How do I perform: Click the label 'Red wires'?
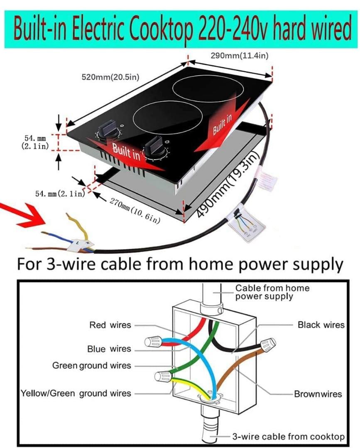point(110,325)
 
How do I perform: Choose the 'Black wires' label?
point(321,325)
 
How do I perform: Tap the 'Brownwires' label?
point(318,394)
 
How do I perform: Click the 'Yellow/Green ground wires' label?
point(76,393)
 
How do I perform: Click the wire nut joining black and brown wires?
point(267,343)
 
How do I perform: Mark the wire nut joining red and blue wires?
point(152,342)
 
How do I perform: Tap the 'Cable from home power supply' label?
point(272,292)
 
